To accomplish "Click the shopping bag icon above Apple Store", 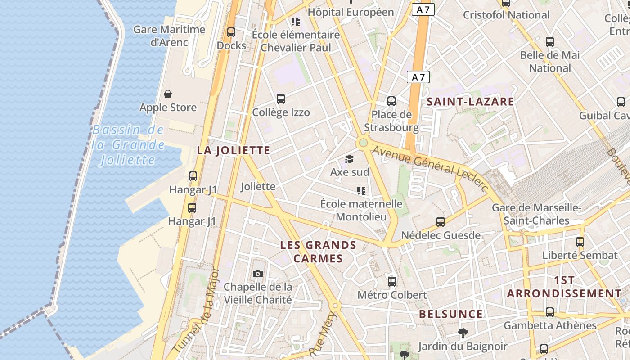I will click(168, 94).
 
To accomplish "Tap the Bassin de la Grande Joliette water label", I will click(128, 145).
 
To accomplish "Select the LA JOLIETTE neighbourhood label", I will click(234, 150).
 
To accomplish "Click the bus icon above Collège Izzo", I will click(281, 99).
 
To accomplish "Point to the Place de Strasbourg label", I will click(391, 121).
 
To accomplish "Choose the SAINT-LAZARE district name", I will click(470, 102).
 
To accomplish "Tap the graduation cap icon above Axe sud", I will click(349, 159).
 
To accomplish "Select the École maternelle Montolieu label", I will click(361, 210).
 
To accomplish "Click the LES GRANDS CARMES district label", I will click(318, 252).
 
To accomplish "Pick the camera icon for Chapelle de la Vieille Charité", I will click(258, 274).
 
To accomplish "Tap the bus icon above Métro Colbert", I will click(392, 282).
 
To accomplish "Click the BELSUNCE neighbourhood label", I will click(451, 314).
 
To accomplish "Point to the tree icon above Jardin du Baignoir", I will click(463, 333).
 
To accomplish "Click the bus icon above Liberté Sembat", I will click(580, 242).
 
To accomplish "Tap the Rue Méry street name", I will click(323, 333).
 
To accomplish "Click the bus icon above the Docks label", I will click(231, 32).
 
